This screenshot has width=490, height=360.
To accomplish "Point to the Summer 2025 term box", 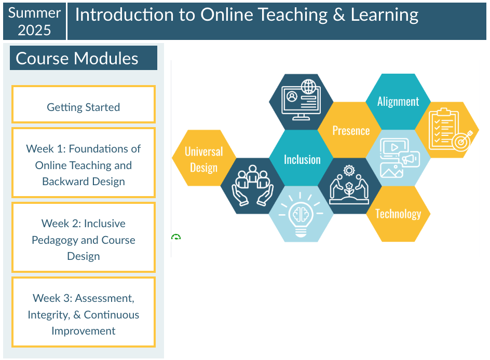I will pos(35,21).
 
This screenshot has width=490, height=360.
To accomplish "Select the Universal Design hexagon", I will pos(203,158).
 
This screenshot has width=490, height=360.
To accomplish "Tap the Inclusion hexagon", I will pos(302,159).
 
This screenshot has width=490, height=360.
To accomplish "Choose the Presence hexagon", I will pos(351,130).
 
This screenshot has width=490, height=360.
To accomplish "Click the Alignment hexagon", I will pos(398,102).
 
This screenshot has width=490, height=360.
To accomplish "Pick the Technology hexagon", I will pos(398,214).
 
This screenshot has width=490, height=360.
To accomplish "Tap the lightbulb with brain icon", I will pos(301,214).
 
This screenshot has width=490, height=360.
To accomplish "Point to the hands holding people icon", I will pos(253,185).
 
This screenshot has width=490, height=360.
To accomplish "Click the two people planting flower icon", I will pos(349,185).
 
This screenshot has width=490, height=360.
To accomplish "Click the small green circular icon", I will pos(176,237).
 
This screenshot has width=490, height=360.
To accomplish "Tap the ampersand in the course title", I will pos(339,16).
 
